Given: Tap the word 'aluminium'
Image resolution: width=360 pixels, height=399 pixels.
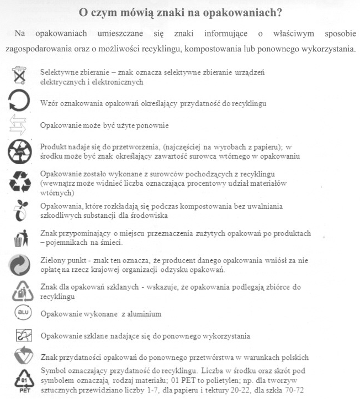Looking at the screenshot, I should pos(141,314).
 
